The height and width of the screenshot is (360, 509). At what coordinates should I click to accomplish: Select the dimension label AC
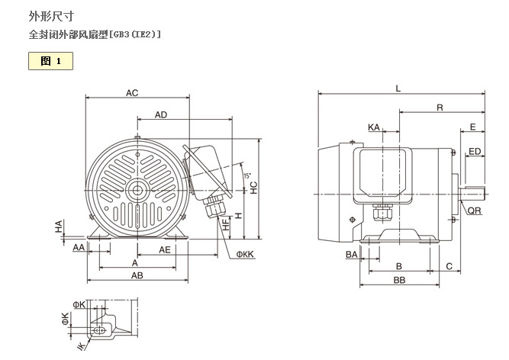tap(132, 93)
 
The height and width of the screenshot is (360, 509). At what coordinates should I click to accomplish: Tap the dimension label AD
tap(161, 114)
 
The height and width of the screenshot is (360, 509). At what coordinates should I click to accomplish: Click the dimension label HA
tap(58, 226)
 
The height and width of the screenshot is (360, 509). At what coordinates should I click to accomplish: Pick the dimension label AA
tap(79, 249)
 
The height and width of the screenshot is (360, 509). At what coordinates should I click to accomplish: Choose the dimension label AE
tap(164, 249)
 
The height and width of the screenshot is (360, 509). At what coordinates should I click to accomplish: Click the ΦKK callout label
tap(244, 254)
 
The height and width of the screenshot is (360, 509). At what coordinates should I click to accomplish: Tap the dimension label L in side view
tap(398, 88)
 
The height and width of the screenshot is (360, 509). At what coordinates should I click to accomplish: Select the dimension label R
tap(440, 108)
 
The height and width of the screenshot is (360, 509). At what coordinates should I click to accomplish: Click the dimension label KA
tap(373, 127)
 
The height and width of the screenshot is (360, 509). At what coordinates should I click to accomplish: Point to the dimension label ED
tap(475, 151)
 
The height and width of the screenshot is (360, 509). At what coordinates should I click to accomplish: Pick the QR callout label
tap(474, 211)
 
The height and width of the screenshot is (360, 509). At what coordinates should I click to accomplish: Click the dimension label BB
tap(398, 280)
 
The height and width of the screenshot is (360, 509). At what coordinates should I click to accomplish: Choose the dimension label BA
tap(352, 254)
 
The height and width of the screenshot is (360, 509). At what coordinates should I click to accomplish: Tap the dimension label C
tap(449, 266)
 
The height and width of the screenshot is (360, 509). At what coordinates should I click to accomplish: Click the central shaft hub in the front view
tap(138, 191)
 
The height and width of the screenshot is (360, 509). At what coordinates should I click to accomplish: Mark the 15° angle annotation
tap(246, 176)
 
